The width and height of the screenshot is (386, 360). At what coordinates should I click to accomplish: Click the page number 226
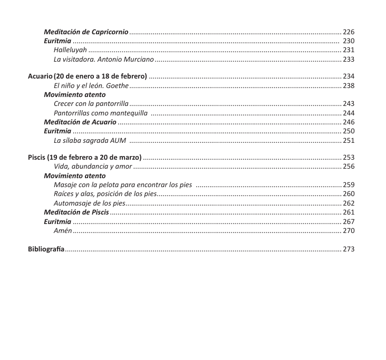pyautogui.click(x=349, y=32)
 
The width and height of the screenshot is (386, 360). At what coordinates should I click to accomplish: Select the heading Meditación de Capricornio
pyautogui.click(x=86, y=32)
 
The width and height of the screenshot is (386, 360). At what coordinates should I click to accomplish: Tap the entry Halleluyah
pyautogui.click(x=70, y=50)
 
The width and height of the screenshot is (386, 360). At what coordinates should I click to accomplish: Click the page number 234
pyautogui.click(x=349, y=76)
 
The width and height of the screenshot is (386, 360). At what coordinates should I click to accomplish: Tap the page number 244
pyautogui.click(x=349, y=113)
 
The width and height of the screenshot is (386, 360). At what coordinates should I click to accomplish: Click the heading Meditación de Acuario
pyautogui.click(x=80, y=122)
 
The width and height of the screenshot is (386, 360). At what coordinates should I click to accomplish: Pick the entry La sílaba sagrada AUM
pyautogui.click(x=90, y=140)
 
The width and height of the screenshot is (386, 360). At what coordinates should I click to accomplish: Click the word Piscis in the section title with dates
pyautogui.click(x=36, y=158)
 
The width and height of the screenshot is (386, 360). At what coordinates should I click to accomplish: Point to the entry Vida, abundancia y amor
pyautogui.click(x=93, y=167)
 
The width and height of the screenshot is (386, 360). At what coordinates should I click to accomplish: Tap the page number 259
pyautogui.click(x=349, y=184)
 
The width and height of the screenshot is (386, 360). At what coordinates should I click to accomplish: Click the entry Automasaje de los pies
pyautogui.click(x=89, y=203)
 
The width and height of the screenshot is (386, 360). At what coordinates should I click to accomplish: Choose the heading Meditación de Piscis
pyautogui.click(x=76, y=212)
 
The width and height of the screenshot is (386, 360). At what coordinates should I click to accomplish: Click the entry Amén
pyautogui.click(x=63, y=230)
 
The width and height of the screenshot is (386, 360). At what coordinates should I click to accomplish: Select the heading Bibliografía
pyautogui.click(x=46, y=249)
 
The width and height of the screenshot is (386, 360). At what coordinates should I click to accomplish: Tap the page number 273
pyautogui.click(x=349, y=249)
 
